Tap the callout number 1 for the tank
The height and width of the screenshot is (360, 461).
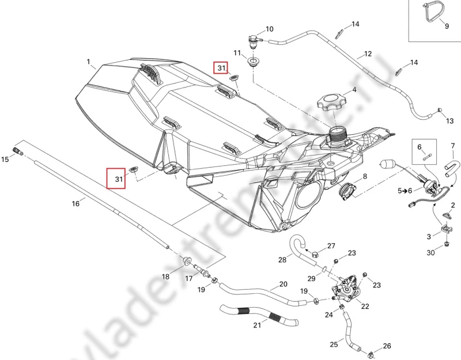tap(89, 62)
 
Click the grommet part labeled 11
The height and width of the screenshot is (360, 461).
tap(252, 62)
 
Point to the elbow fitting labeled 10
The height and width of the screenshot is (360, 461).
tap(254, 40)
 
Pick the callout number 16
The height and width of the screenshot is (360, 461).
tap(75, 203)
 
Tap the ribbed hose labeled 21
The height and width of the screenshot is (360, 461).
tap(259, 316)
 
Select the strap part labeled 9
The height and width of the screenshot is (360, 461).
tap(431, 13)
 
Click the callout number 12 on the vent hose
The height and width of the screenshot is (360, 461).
tap(368, 54)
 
